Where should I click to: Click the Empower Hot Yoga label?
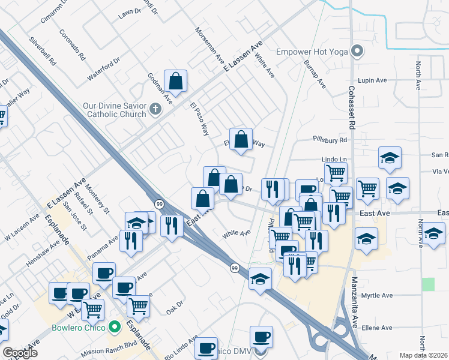click(312, 52)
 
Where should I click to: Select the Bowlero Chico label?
click(79, 328)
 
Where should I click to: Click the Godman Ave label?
click(160, 89)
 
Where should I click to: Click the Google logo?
click(20, 353)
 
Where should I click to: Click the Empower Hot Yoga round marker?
click(358, 51)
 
